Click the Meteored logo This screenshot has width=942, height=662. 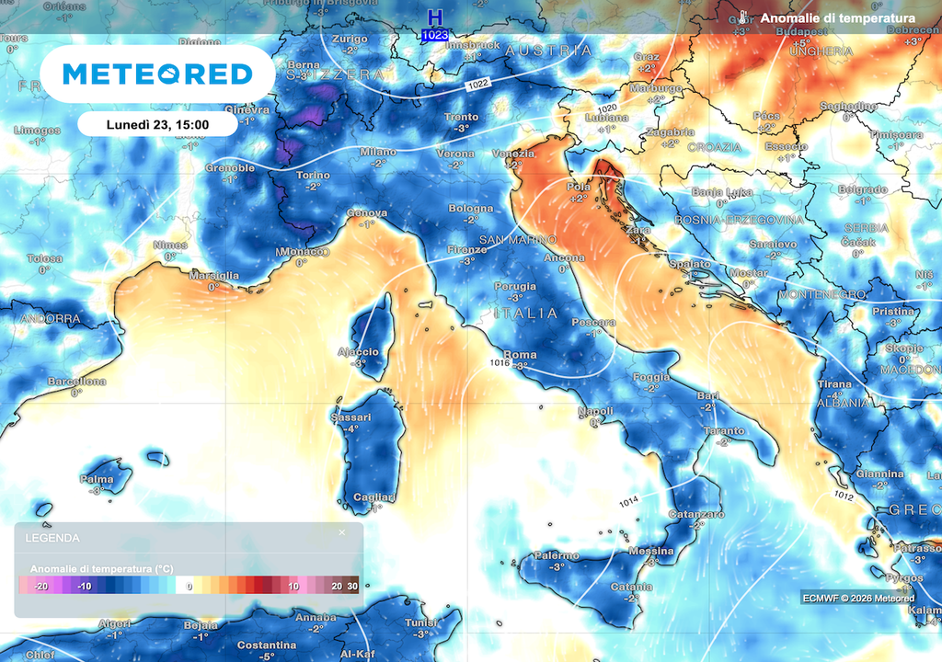157,74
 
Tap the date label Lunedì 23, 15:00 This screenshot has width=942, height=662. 157,124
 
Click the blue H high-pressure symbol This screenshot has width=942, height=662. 435,17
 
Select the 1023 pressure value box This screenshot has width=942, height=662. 435,35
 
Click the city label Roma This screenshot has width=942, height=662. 520,355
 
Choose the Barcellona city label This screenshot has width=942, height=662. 76,382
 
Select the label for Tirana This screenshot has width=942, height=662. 834,383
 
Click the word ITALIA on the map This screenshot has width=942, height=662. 526,314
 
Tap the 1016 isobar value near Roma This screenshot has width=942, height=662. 500,363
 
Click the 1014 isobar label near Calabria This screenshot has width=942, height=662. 629,501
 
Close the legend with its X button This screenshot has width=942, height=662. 342,532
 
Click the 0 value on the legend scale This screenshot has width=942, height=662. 190,586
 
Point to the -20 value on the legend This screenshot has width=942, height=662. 40,586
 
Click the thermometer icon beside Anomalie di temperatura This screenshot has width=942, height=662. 743,18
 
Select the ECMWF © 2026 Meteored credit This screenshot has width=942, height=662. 856,596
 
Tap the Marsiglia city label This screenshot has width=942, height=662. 213,276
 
